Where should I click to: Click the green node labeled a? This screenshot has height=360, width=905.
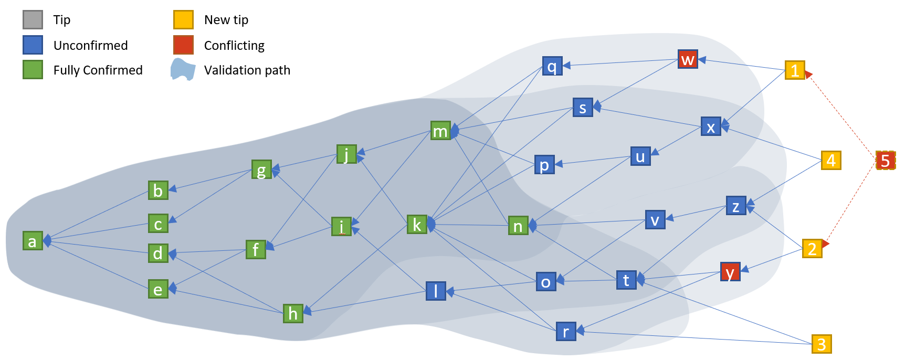click(x=33, y=241)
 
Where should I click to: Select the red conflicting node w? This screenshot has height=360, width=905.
click(x=688, y=59)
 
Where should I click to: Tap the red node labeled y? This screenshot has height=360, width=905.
click(x=730, y=272)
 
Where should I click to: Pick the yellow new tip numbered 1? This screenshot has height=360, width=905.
click(x=795, y=70)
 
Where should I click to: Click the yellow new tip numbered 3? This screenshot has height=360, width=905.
click(x=822, y=344)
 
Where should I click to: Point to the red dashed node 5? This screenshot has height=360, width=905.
click(x=886, y=160)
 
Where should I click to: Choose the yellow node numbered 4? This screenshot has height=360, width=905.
click(x=831, y=160)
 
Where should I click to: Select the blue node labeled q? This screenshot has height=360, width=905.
click(x=552, y=66)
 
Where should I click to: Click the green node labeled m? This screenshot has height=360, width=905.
click(x=440, y=131)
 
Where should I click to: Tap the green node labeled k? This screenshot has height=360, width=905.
click(x=417, y=224)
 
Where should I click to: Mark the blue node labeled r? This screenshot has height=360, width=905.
click(x=566, y=331)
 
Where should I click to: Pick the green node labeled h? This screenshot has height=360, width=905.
click(x=293, y=313)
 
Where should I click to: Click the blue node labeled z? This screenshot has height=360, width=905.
click(x=736, y=206)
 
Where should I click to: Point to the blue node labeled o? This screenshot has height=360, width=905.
click(x=546, y=282)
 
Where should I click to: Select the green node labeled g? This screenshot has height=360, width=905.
click(x=261, y=170)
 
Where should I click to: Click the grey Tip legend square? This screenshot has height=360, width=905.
click(x=33, y=19)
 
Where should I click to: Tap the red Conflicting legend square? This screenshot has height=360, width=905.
click(x=183, y=45)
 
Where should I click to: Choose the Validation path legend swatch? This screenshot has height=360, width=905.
click(x=183, y=70)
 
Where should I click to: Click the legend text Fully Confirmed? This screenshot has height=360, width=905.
click(x=98, y=70)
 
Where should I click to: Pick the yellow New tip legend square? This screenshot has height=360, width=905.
click(x=183, y=19)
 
